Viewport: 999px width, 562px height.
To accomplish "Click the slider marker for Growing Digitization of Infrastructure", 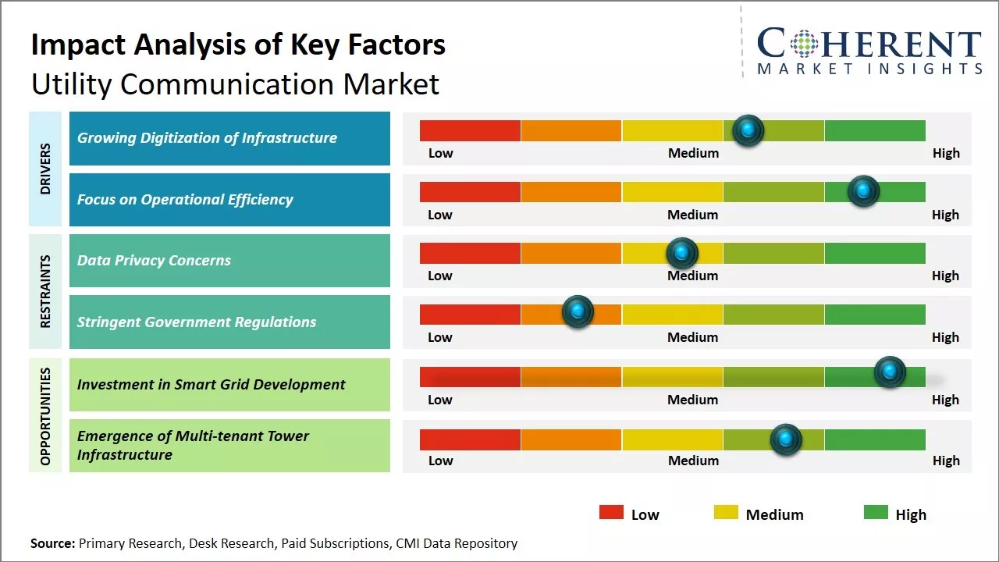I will tap(748, 130).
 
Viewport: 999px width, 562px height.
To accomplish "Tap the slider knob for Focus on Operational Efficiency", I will tap(863, 191).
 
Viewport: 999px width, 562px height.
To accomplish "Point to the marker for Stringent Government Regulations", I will tap(578, 312).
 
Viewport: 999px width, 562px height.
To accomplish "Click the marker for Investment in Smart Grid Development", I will tap(890, 372).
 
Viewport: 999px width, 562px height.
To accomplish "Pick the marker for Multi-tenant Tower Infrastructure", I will tap(786, 439).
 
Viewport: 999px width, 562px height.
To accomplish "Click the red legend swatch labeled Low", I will tap(611, 513).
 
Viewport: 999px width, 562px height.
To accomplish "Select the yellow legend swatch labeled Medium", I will tap(726, 513).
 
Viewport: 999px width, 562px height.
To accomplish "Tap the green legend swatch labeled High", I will tap(876, 513).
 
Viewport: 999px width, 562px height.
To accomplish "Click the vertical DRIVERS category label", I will tap(45, 169).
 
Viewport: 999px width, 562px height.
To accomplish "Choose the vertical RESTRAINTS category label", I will tap(45, 291).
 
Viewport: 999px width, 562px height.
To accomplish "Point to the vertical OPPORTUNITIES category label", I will tap(45, 416).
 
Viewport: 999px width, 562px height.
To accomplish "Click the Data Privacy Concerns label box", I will tap(229, 261).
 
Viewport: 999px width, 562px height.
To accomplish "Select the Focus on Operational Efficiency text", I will tap(185, 200).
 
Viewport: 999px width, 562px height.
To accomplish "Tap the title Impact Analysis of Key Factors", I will tap(238, 45).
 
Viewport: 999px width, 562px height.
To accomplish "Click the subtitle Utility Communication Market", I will tap(235, 84).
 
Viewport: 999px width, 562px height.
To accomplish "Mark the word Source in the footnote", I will tap(52, 543).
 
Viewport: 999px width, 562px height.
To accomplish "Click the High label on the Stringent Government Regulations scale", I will tap(945, 337).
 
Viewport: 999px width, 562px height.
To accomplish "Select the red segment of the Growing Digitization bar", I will tap(470, 130).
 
